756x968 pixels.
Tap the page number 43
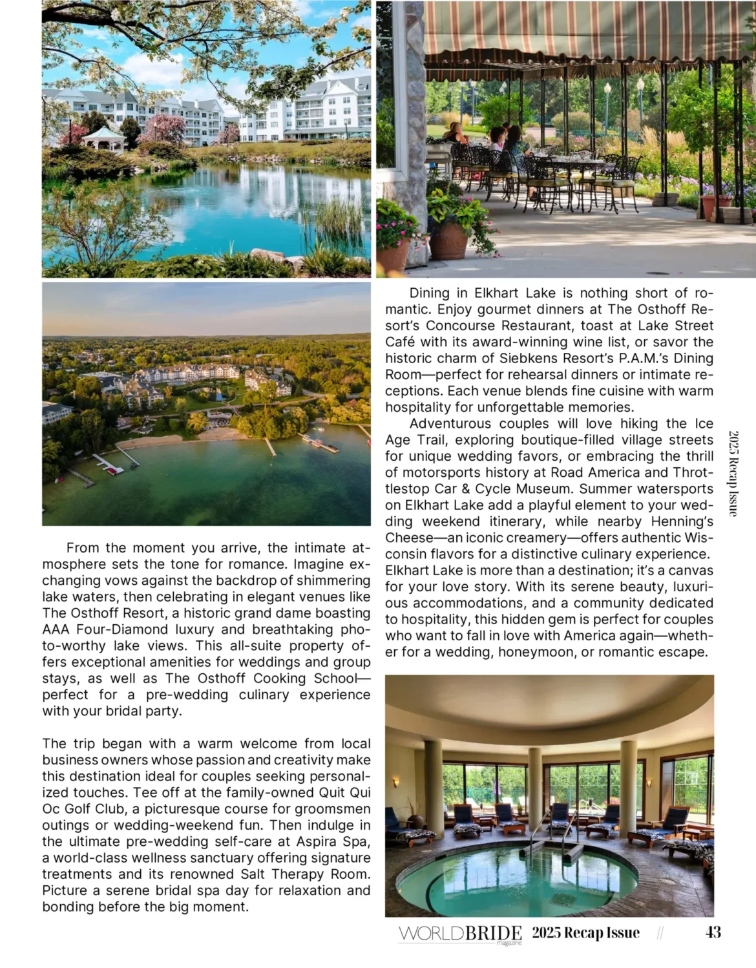point(713,932)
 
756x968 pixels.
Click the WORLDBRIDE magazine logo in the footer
point(460,934)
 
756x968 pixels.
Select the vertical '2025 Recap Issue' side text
point(733,474)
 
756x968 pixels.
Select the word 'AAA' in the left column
point(56,629)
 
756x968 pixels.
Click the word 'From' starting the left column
point(83,548)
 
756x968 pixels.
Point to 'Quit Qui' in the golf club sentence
point(344,793)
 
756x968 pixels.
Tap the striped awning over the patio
point(582,32)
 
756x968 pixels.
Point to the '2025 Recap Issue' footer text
point(585,932)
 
